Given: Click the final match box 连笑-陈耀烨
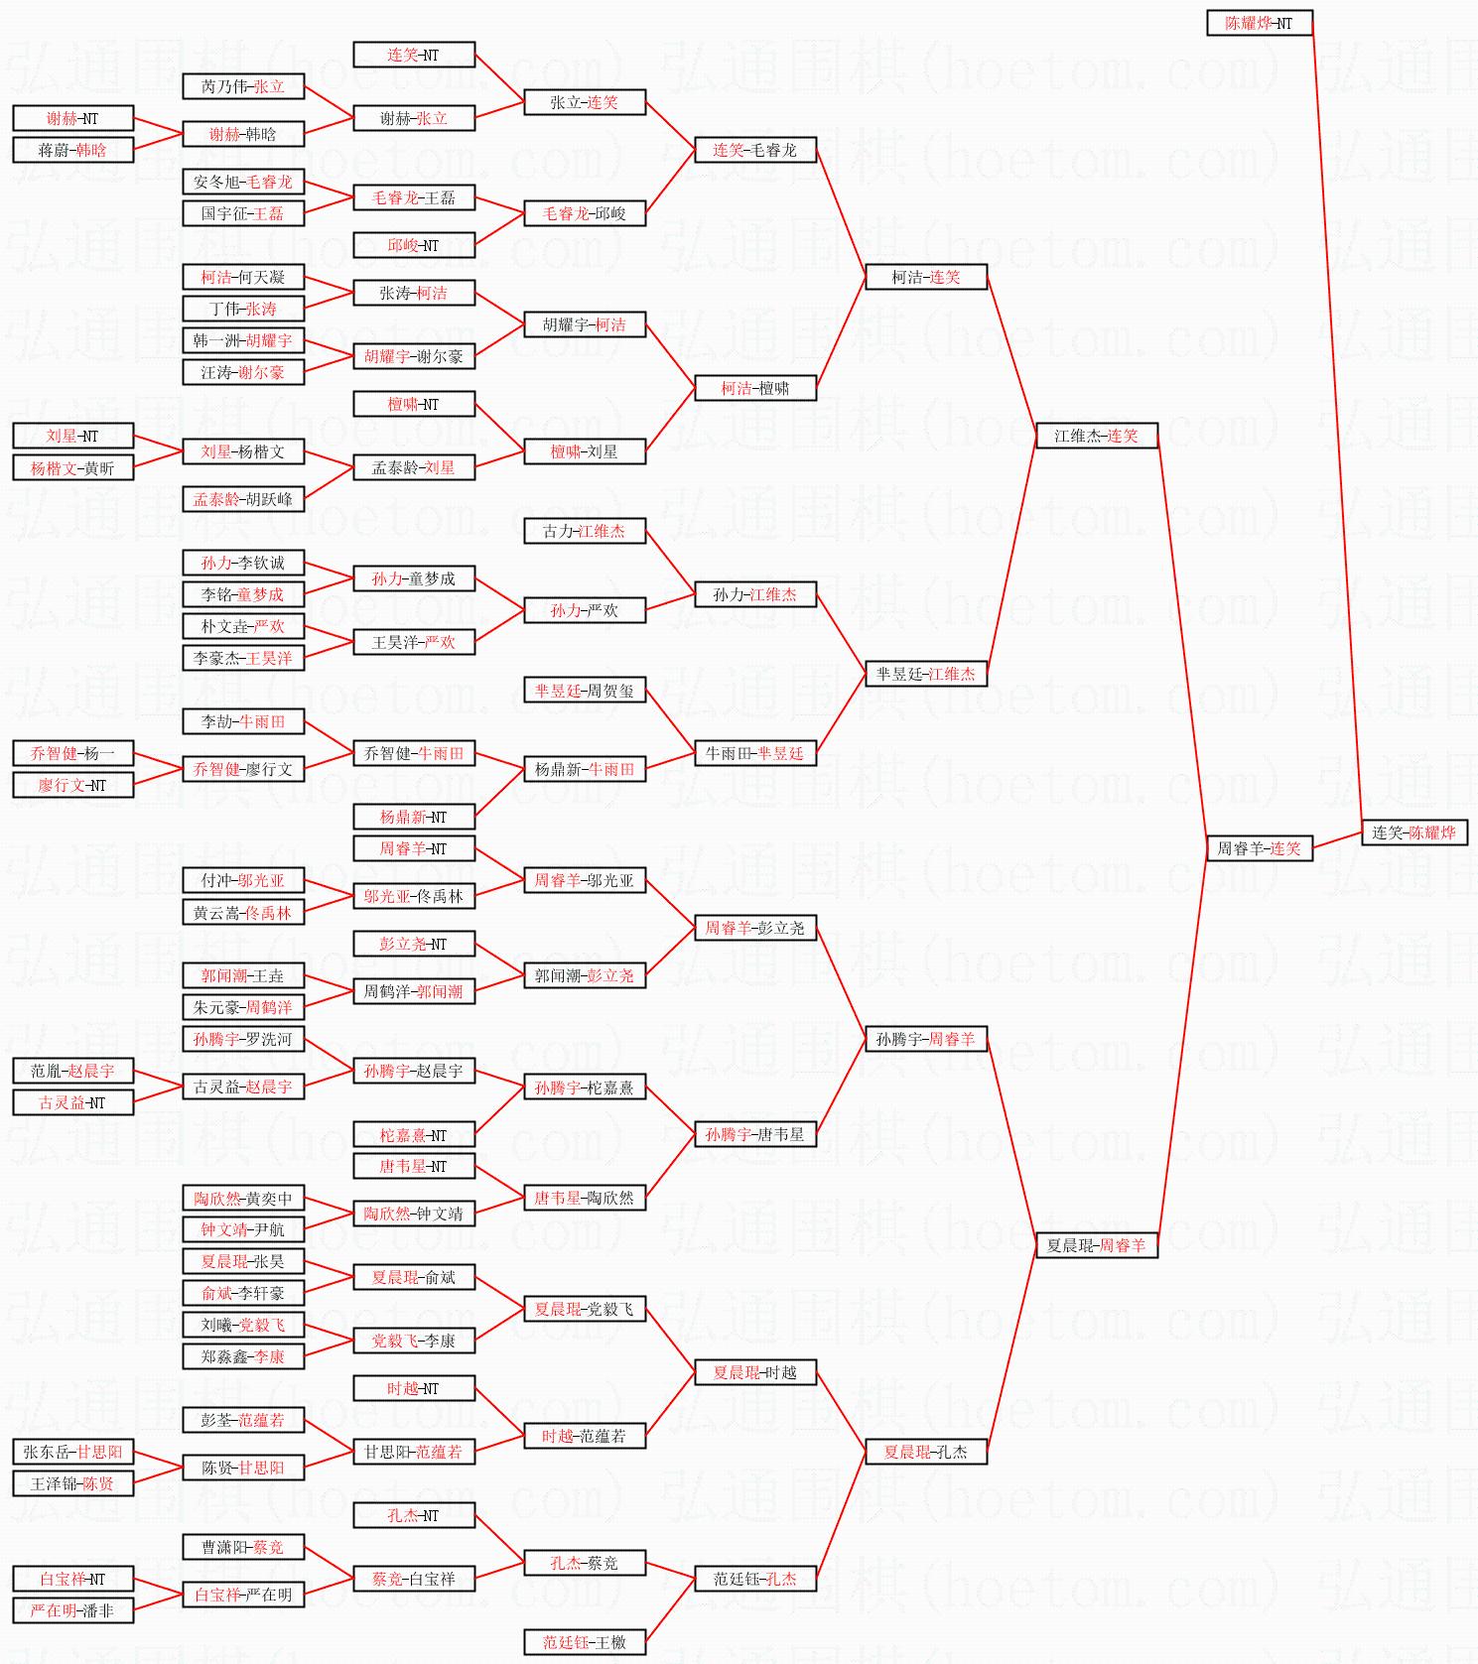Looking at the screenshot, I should tap(1413, 832).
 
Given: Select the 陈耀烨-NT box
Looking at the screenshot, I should tap(1259, 23).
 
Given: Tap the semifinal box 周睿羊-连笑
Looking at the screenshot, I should tap(1259, 848).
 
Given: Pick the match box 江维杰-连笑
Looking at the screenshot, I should tap(1096, 436).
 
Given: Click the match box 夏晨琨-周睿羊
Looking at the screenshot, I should tap(1096, 1245).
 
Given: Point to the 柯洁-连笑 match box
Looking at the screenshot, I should tap(925, 277).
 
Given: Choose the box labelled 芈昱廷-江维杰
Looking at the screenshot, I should tap(925, 674).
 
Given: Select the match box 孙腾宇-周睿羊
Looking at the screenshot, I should tap(925, 1039).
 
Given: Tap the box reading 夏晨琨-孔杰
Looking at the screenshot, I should tap(925, 1452).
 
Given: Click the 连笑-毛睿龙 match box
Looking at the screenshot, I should tap(754, 150).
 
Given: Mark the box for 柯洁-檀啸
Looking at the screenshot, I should tap(754, 388).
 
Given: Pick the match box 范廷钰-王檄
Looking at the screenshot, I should tap(584, 1642).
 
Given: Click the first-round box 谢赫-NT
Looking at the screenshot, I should tap(72, 118).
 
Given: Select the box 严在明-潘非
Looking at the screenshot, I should tap(72, 1610).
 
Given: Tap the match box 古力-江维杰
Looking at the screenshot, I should tap(584, 531).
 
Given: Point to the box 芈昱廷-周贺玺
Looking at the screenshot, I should tap(584, 690).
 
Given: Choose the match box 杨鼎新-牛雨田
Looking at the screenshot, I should tap(584, 769).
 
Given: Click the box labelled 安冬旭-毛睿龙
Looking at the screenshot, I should tap(242, 182).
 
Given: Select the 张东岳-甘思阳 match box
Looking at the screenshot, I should tap(72, 1452).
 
